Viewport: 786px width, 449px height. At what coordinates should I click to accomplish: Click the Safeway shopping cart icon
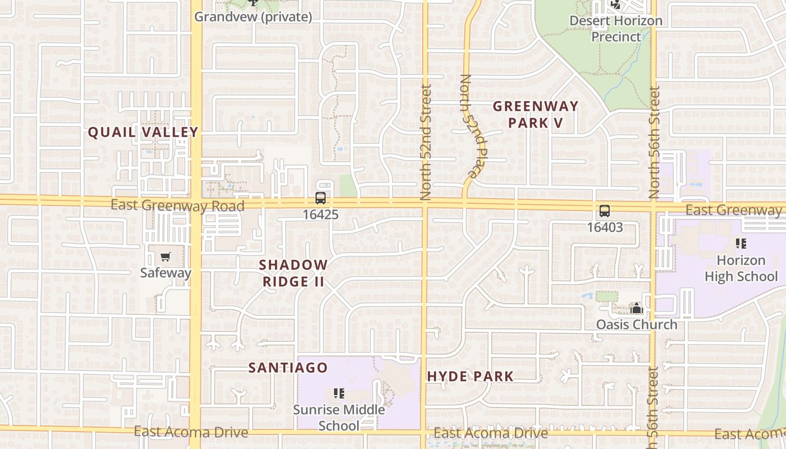pyautogui.click(x=165, y=257)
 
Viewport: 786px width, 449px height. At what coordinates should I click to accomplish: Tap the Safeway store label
pyautogui.click(x=166, y=273)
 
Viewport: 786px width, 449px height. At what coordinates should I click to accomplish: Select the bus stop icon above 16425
pyautogui.click(x=320, y=198)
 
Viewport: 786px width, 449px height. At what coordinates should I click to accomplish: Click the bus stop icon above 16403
pyautogui.click(x=605, y=212)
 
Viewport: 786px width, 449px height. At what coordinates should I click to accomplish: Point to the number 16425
pyautogui.click(x=320, y=214)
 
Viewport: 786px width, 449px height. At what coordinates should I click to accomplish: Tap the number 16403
pyautogui.click(x=605, y=227)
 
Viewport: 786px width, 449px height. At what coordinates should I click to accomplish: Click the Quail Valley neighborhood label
pyautogui.click(x=143, y=132)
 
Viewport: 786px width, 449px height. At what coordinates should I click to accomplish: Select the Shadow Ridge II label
pyautogui.click(x=294, y=273)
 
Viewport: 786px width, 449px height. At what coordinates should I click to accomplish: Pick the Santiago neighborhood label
pyautogui.click(x=288, y=368)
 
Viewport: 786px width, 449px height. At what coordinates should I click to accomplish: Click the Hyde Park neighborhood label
pyautogui.click(x=470, y=376)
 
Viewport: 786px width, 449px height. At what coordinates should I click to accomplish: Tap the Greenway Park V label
pyautogui.click(x=535, y=114)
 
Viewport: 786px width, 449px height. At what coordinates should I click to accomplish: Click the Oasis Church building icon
pyautogui.click(x=636, y=308)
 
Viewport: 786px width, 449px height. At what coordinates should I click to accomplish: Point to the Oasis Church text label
pyautogui.click(x=637, y=325)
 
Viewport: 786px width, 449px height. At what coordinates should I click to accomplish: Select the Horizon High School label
pyautogui.click(x=741, y=268)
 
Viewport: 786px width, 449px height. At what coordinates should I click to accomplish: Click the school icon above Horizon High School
pyautogui.click(x=741, y=244)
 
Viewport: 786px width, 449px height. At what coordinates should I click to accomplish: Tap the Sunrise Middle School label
pyautogui.click(x=339, y=418)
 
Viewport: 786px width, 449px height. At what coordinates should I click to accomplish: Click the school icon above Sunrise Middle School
pyautogui.click(x=339, y=393)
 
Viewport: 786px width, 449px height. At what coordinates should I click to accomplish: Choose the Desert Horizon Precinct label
pyautogui.click(x=616, y=29)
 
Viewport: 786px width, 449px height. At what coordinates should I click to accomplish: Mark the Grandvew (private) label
pyautogui.click(x=253, y=17)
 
